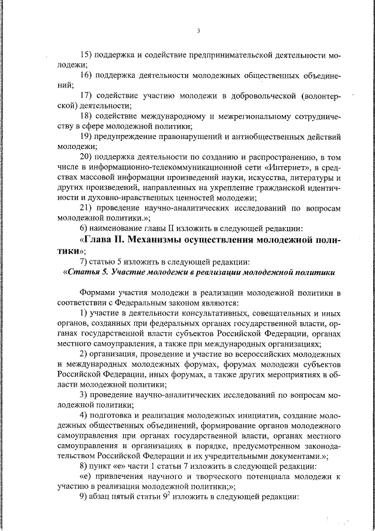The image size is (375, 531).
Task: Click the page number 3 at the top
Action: tap(199, 31)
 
